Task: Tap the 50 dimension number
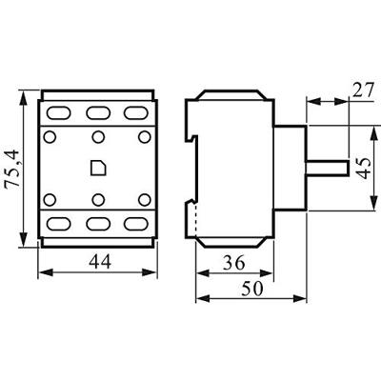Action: (251, 288)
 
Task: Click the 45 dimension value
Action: (361, 170)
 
